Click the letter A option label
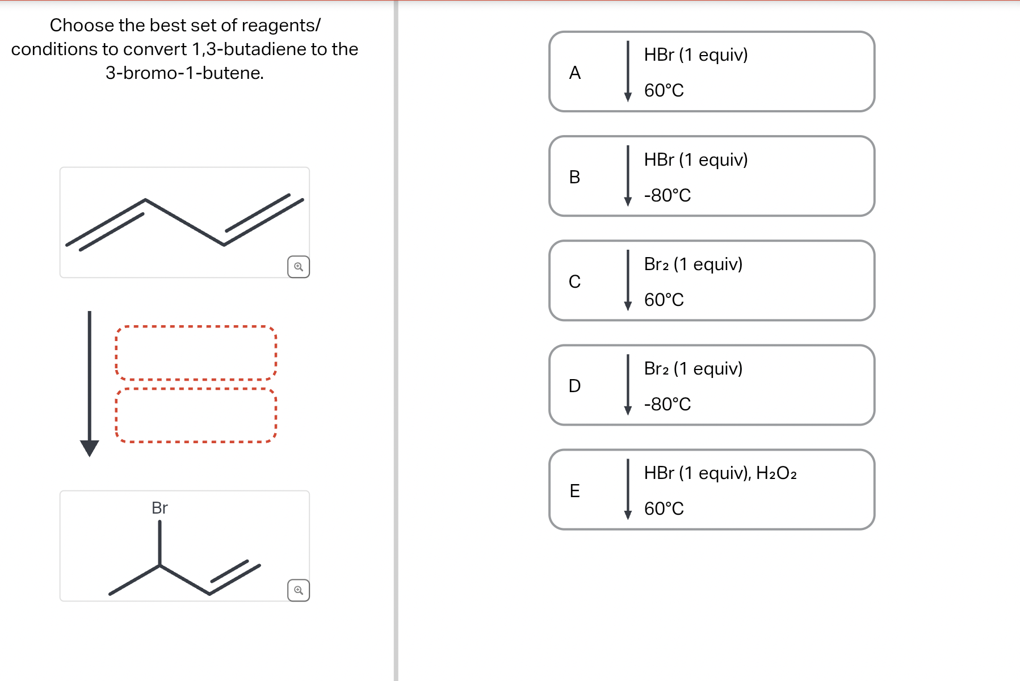(574, 73)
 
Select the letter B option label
(574, 177)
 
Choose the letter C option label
(574, 281)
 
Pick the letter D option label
(574, 386)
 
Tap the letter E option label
(574, 490)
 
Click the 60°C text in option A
(664, 90)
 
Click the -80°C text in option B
(667, 195)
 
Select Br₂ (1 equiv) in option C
(692, 264)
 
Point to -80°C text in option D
(667, 404)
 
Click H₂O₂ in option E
(776, 473)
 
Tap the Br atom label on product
(159, 508)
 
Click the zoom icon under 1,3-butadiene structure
(299, 267)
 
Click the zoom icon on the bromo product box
(299, 590)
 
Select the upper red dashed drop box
(196, 353)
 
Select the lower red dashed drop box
(196, 415)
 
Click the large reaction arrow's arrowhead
(89, 448)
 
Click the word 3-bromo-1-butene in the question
(184, 73)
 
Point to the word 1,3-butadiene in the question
(241, 49)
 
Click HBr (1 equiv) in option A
(695, 54)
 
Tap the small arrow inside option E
(628, 489)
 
